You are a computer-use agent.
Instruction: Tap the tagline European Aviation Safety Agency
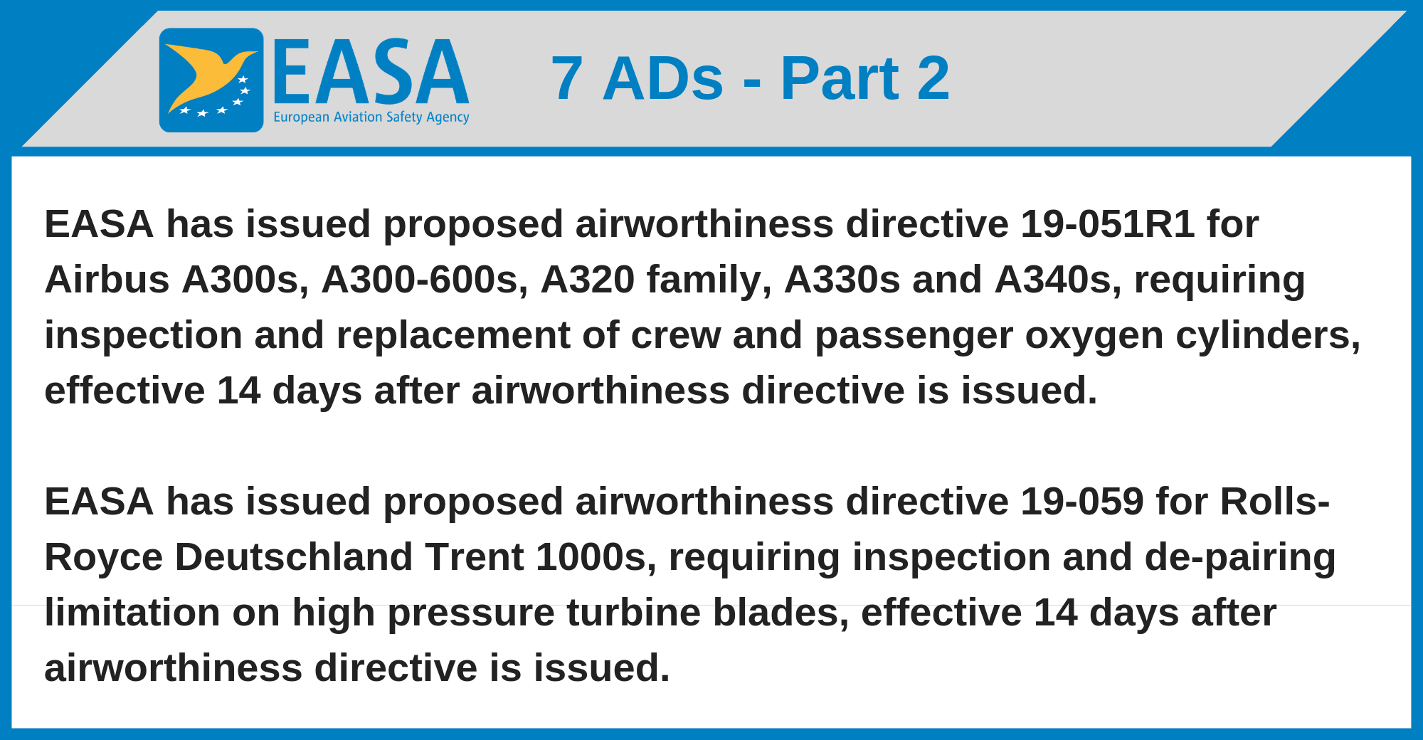click(x=371, y=117)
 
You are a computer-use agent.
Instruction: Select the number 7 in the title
click(x=567, y=78)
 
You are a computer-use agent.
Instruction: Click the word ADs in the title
click(x=663, y=78)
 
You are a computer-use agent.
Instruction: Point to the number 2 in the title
click(x=933, y=78)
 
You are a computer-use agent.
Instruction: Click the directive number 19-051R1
click(x=1108, y=224)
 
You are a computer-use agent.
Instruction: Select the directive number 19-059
click(x=1082, y=502)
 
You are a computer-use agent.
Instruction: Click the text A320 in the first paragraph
click(x=588, y=280)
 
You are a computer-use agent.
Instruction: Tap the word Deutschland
click(x=294, y=557)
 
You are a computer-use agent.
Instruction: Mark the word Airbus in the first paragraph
click(x=107, y=280)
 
